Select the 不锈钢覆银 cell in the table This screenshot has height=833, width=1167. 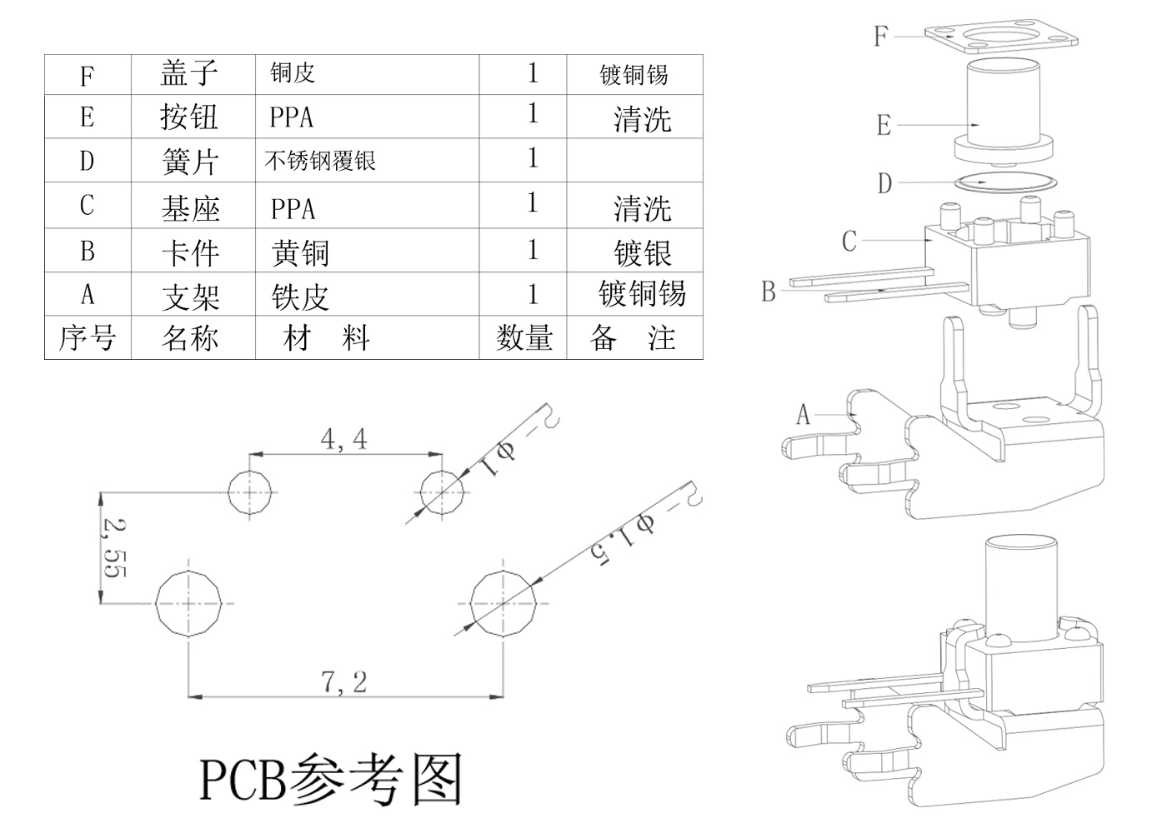coord(320,161)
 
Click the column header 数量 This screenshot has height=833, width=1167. coord(524,338)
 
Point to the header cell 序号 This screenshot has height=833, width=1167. coord(87,338)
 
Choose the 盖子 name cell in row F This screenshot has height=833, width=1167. coord(189,74)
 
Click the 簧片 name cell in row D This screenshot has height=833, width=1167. coord(190,161)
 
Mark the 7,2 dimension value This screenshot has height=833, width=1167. coord(344,682)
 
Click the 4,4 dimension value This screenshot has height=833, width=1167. coord(343,439)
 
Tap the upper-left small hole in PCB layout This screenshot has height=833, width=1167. coord(251,492)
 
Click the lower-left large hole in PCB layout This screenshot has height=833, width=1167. coord(189,603)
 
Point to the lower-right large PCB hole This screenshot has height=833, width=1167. coord(503,603)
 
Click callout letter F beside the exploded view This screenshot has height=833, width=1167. coord(880,36)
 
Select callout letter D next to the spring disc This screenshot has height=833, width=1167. coord(884,183)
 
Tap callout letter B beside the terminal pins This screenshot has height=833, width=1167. coord(768,292)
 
